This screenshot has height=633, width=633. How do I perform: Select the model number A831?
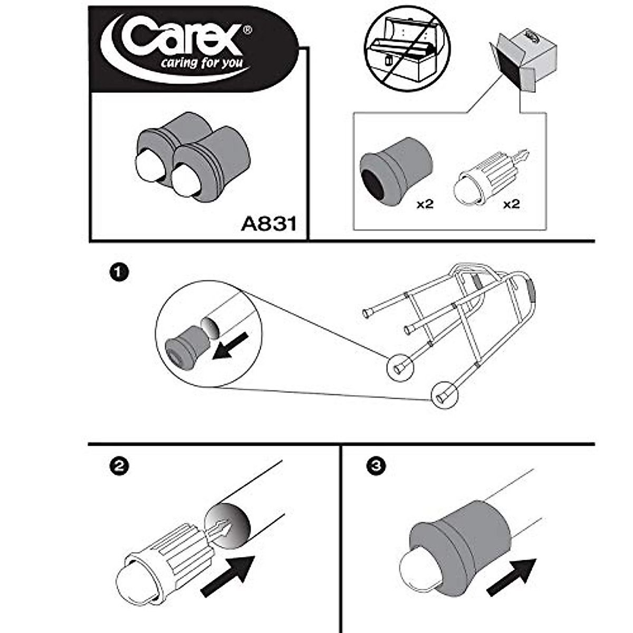[268, 224]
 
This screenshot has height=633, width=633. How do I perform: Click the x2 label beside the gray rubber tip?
[425, 204]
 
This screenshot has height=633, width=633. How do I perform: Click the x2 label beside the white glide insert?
[511, 204]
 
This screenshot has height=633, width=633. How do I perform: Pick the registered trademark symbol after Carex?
[247, 30]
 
